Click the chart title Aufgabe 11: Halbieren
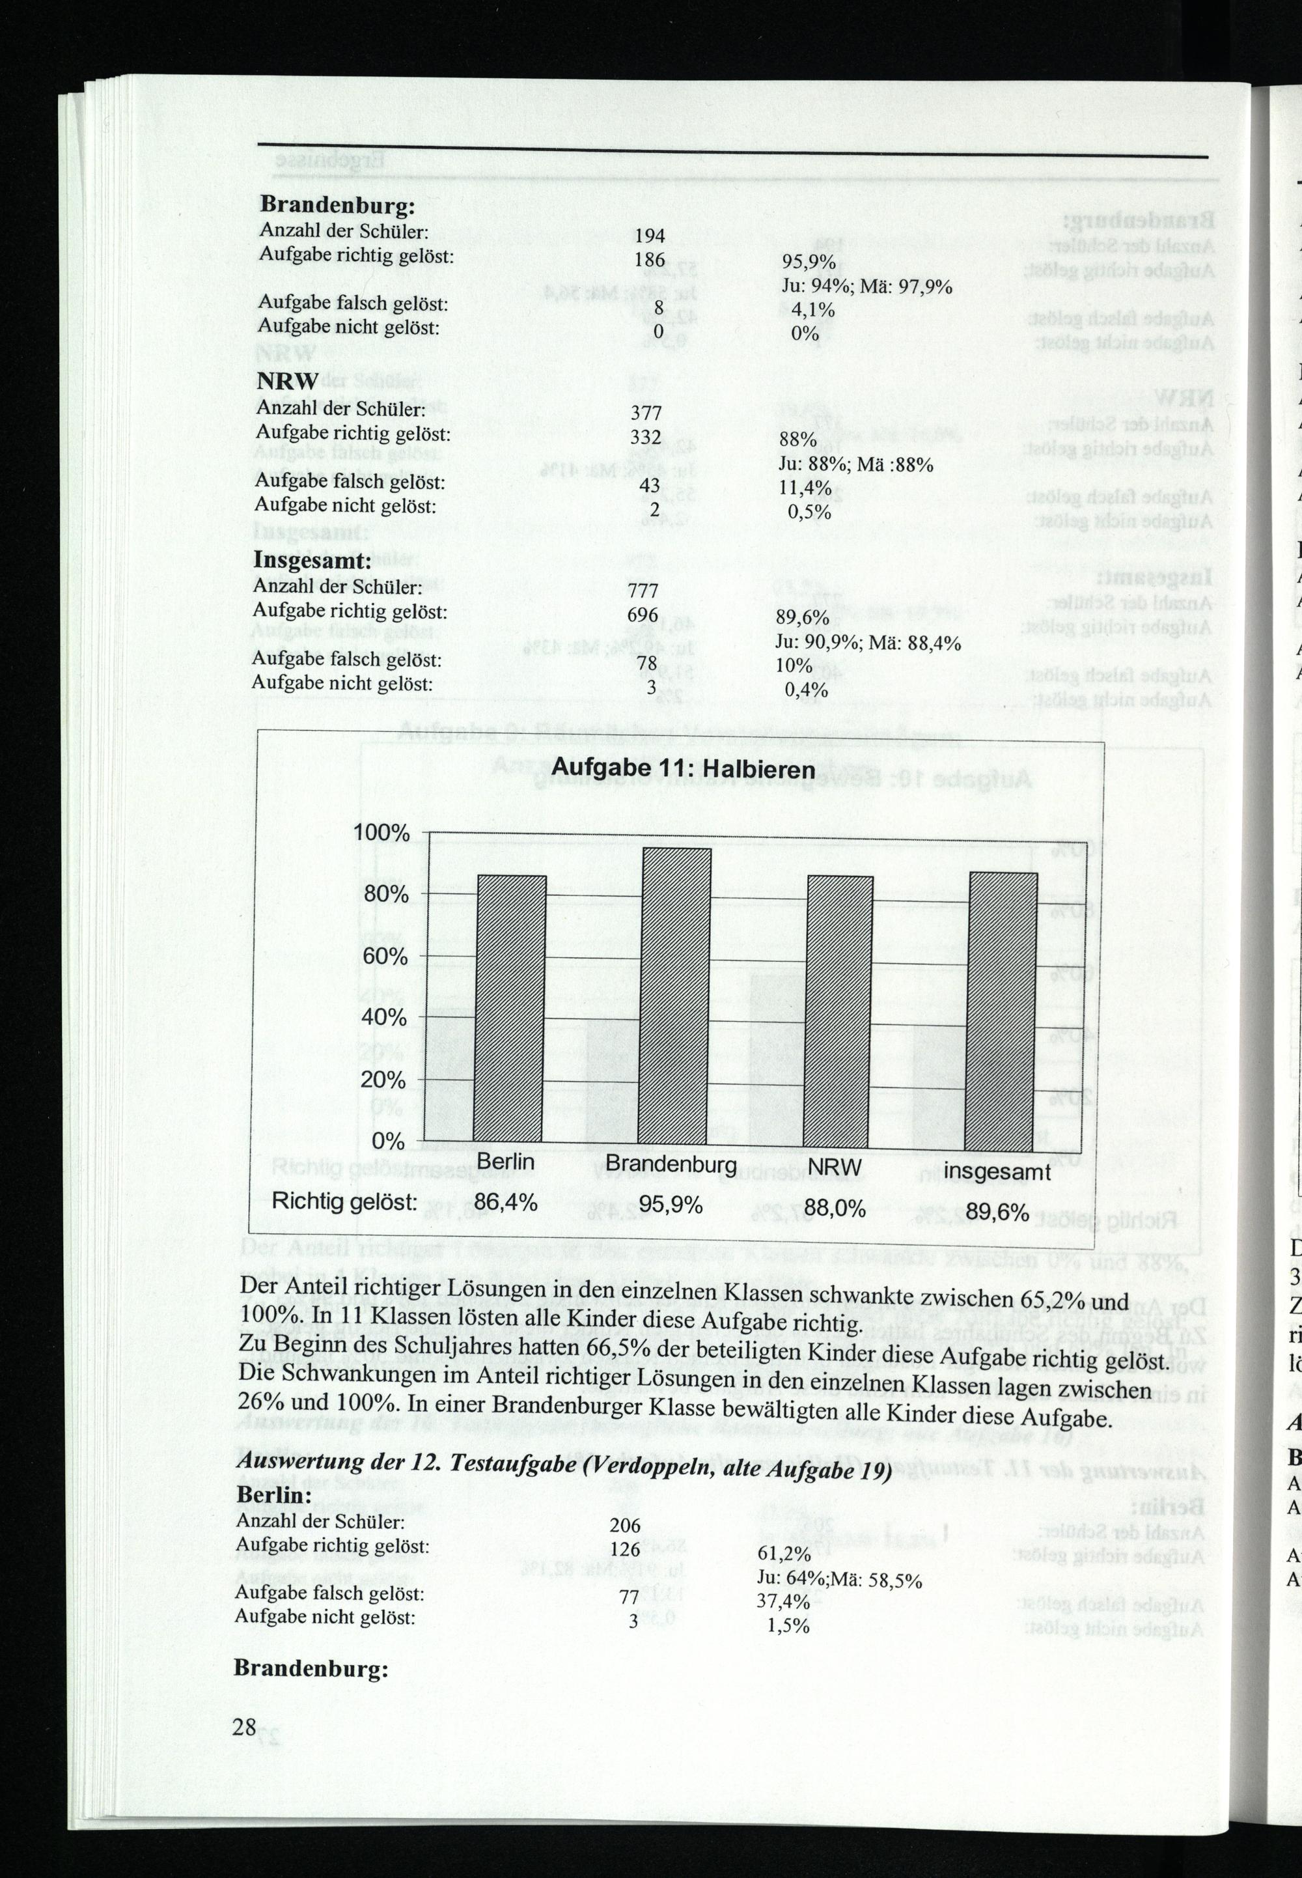(684, 768)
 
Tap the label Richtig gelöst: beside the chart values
(344, 1201)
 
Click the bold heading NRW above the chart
(287, 381)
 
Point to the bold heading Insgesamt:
(312, 561)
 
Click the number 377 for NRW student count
(645, 413)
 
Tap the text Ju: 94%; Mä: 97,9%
(866, 287)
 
